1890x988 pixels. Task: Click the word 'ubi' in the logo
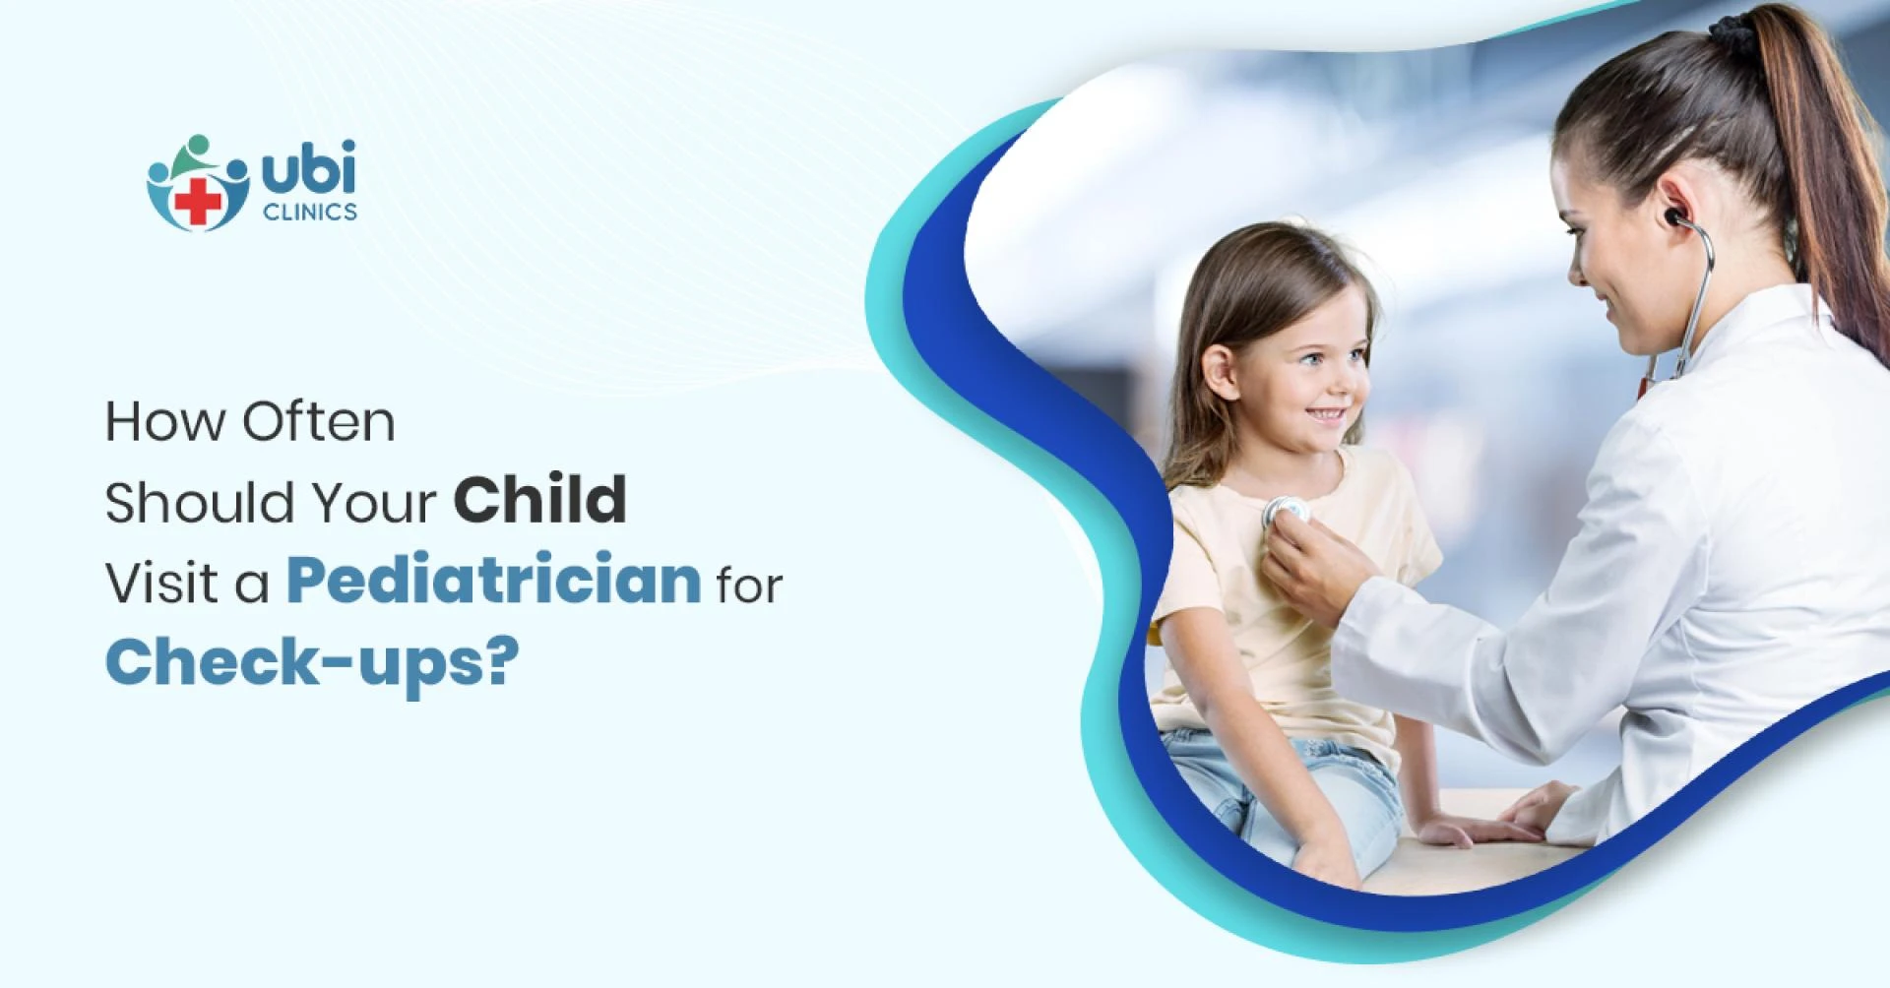click(x=308, y=173)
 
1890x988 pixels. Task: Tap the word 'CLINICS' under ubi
click(x=310, y=212)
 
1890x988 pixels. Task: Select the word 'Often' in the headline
click(x=318, y=421)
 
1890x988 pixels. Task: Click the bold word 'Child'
click(x=539, y=500)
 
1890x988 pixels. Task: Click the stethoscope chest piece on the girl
click(x=1286, y=510)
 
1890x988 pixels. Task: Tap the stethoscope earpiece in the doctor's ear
click(x=1668, y=216)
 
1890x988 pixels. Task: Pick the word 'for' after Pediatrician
click(x=748, y=584)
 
